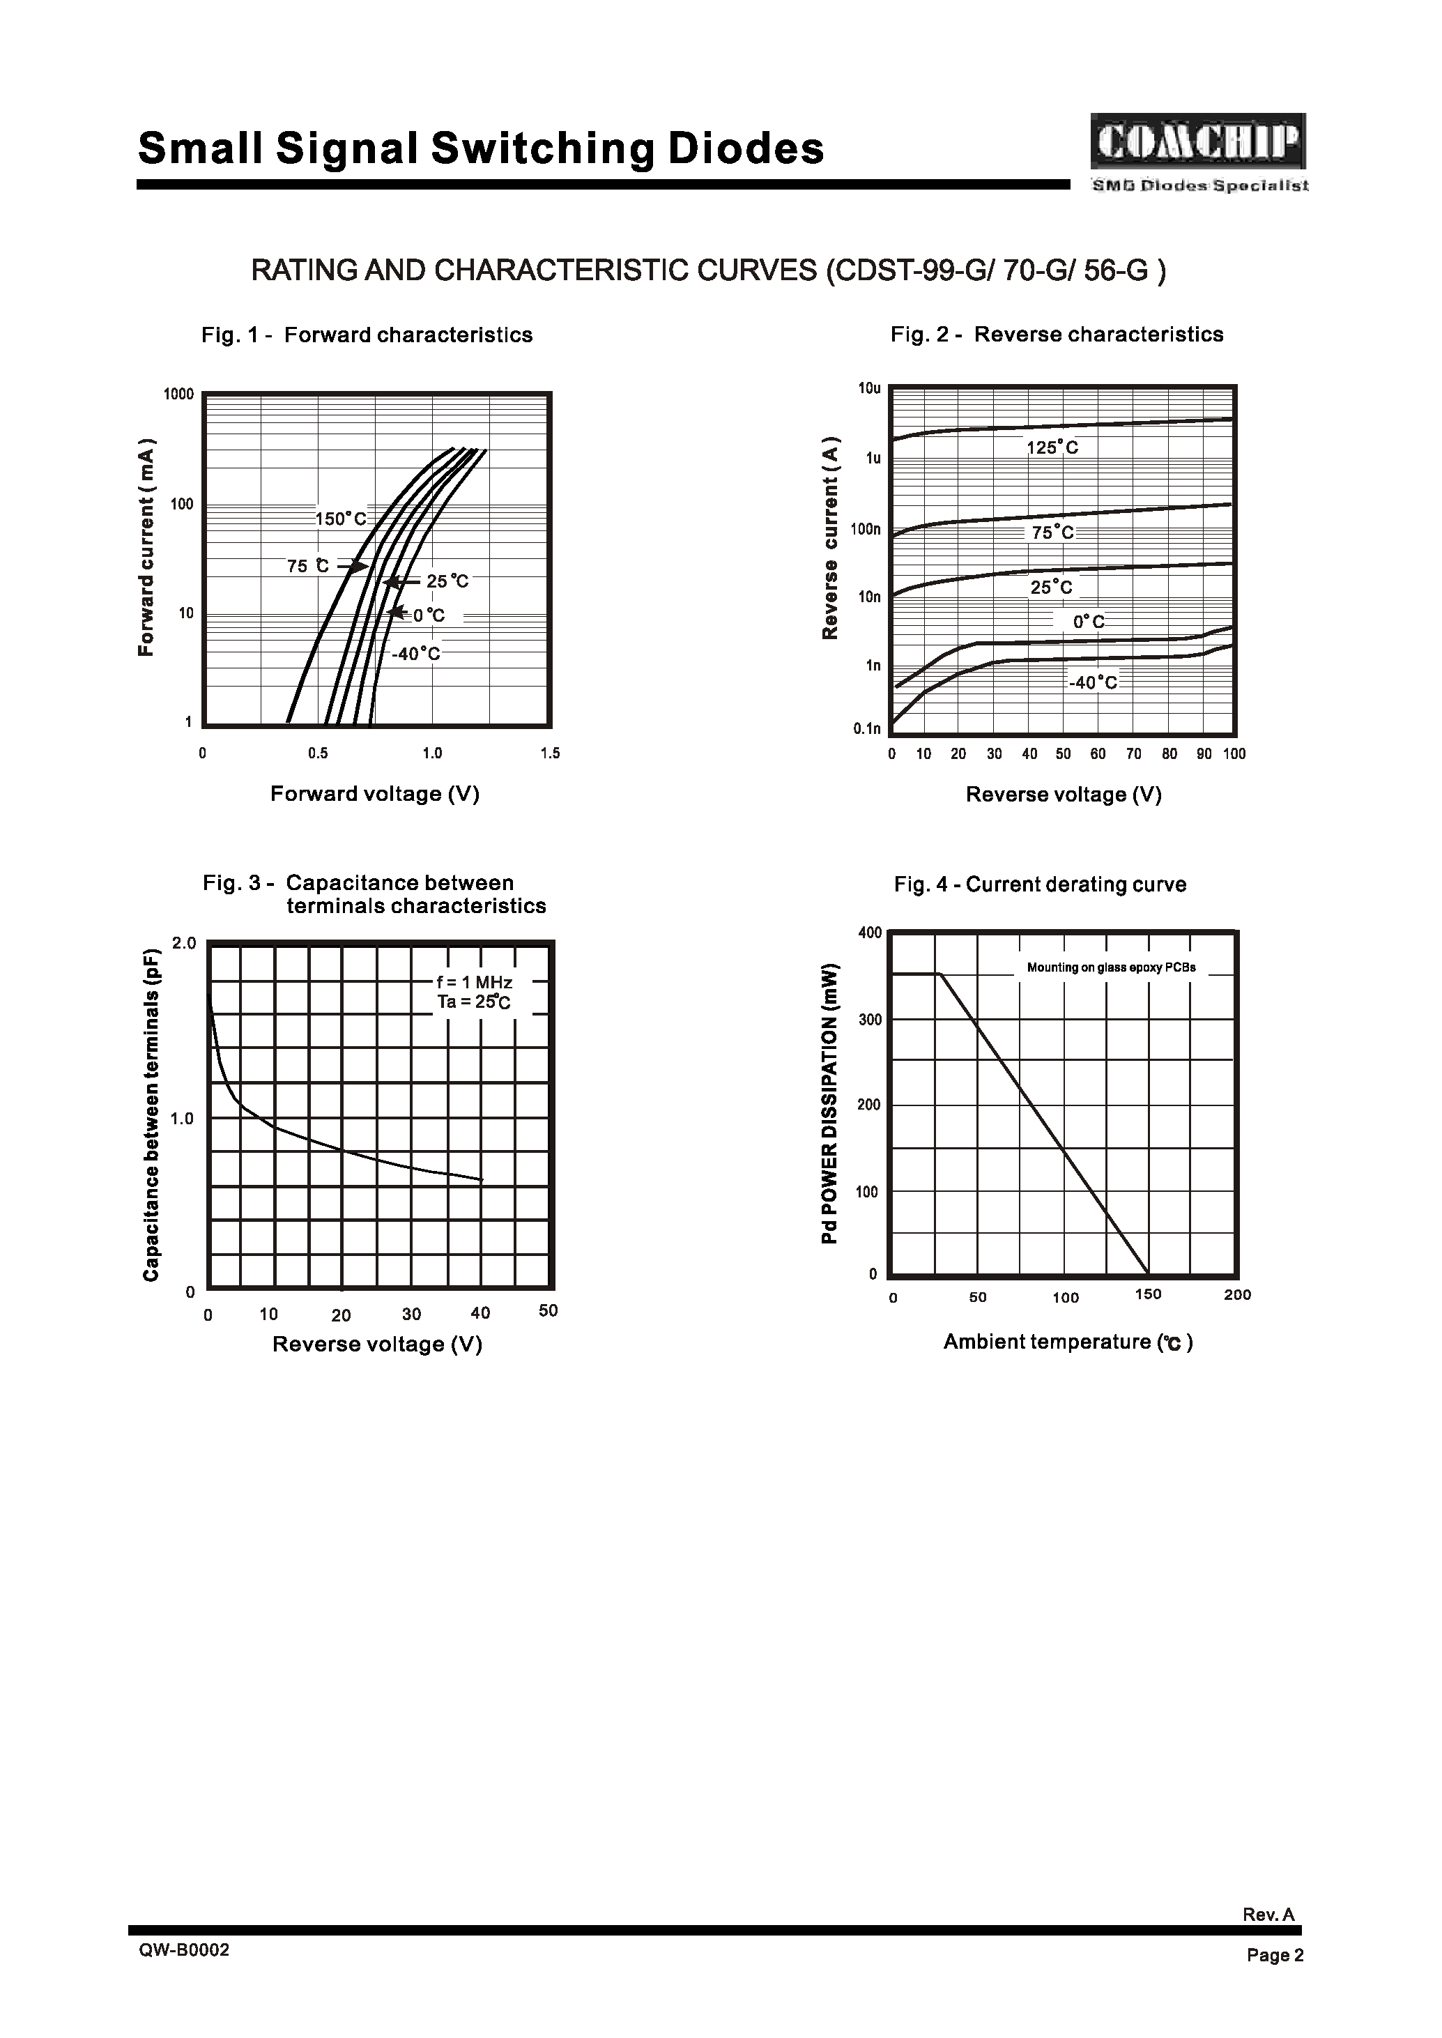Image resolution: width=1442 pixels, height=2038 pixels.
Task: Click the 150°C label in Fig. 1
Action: pyautogui.click(x=341, y=519)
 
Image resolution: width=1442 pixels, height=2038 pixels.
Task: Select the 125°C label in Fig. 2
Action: pyautogui.click(x=1052, y=448)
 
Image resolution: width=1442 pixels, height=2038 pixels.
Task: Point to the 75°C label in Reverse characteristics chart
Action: pyautogui.click(x=1053, y=533)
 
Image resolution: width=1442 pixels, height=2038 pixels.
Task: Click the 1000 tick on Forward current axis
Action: pyautogui.click(x=178, y=394)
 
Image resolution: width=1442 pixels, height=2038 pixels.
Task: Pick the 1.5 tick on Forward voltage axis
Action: pyautogui.click(x=550, y=754)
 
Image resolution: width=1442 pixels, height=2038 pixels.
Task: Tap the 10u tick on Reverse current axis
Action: pyautogui.click(x=869, y=389)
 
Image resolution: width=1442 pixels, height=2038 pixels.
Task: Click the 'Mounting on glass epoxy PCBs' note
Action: pyautogui.click(x=1111, y=968)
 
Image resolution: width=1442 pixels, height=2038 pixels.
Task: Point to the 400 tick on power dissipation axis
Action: pyautogui.click(x=870, y=933)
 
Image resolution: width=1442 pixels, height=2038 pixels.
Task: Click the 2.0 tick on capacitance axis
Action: pyautogui.click(x=184, y=944)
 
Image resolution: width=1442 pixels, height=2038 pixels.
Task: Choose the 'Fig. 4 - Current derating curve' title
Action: pyautogui.click(x=1040, y=884)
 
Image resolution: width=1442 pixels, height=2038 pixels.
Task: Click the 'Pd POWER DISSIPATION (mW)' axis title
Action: pyautogui.click(x=829, y=1104)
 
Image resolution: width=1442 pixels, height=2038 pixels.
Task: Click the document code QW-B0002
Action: pyautogui.click(x=184, y=1950)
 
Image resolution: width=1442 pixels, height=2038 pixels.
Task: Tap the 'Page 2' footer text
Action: pyautogui.click(x=1274, y=1956)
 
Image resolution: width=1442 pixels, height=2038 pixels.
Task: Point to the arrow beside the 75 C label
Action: pyautogui.click(x=353, y=566)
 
